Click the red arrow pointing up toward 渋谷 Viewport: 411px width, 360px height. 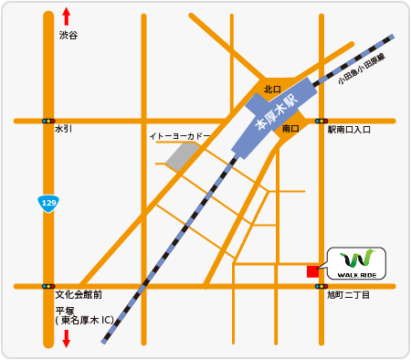coord(67,16)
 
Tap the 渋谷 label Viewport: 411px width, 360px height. coord(68,35)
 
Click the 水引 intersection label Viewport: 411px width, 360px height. coord(63,130)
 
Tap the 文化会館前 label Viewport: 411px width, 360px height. coord(78,295)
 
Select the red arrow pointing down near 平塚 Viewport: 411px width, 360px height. coord(67,339)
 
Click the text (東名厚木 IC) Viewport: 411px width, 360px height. coord(84,321)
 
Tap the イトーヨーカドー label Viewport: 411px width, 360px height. coord(179,136)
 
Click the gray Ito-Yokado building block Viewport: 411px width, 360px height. coord(180,155)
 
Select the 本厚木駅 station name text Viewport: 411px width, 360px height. coord(277,111)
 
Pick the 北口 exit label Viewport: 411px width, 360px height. coord(271,90)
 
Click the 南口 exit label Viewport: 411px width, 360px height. coord(290,129)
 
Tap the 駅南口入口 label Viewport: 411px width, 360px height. coord(349,130)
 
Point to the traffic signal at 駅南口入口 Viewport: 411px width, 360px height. coord(321,120)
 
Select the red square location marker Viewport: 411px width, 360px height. coord(312,271)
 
